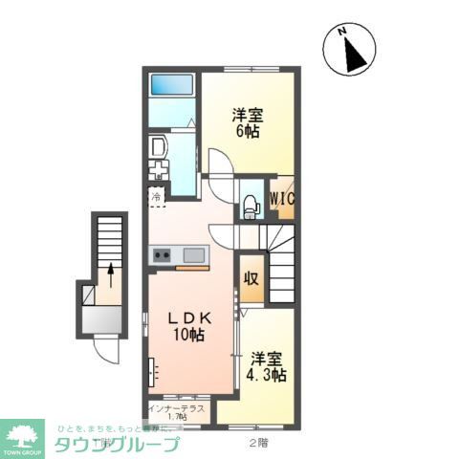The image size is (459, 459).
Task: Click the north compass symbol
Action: coord(350,49)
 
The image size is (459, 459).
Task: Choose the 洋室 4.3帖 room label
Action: coord(268,367)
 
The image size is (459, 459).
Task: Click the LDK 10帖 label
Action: coord(187,325)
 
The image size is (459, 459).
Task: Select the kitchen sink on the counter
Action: coord(194,255)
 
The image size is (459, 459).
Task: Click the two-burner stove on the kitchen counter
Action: coord(161,255)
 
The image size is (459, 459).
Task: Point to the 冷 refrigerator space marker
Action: coord(156,198)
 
